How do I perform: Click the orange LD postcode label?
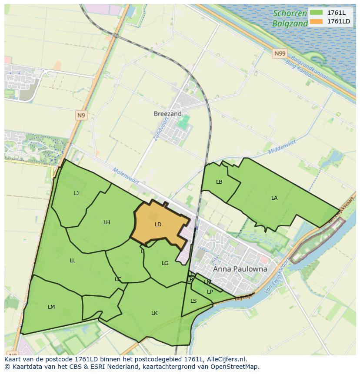(x=158, y=225)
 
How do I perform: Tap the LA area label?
(x=274, y=198)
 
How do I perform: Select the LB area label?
(x=219, y=182)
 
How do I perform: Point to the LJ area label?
(x=76, y=193)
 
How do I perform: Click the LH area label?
(x=107, y=222)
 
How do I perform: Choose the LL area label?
(x=72, y=261)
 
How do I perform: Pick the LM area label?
(x=51, y=307)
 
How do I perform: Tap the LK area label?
(x=154, y=313)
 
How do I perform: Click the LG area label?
(x=165, y=263)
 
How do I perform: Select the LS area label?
(x=193, y=301)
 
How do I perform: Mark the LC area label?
(x=118, y=279)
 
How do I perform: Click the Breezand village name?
(x=167, y=114)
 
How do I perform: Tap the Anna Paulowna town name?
(x=240, y=269)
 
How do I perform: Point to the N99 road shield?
(x=280, y=53)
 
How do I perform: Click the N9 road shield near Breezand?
(x=81, y=115)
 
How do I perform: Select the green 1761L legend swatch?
(x=316, y=13)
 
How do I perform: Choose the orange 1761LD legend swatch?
(x=316, y=21)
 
